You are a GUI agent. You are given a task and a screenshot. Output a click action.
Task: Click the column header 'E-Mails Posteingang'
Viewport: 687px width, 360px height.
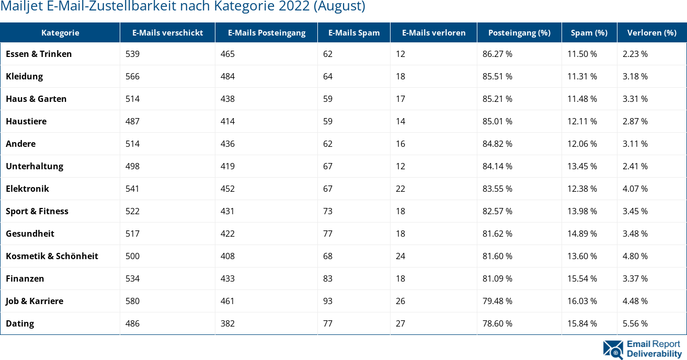point(267,32)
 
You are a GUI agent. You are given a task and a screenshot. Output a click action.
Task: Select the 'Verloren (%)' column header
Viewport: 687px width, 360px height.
point(652,32)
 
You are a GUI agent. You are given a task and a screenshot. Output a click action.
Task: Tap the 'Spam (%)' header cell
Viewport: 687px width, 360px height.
point(589,32)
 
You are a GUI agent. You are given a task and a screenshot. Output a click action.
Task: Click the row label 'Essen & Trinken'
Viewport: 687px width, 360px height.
point(39,54)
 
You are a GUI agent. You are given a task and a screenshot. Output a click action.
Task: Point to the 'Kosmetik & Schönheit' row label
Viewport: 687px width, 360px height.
point(52,256)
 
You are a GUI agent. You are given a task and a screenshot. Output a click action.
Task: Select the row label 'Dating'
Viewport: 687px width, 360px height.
point(20,323)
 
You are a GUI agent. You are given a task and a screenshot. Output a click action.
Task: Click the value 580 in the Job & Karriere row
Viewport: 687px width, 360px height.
point(132,301)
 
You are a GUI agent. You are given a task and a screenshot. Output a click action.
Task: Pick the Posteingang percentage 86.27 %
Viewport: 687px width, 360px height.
point(497,54)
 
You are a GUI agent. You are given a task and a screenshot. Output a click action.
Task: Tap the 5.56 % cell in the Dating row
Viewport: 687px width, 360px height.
point(635,323)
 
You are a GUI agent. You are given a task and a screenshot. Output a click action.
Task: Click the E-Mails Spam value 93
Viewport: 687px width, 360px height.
point(328,301)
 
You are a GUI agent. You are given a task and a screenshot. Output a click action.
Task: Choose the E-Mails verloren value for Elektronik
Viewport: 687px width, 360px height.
point(400,189)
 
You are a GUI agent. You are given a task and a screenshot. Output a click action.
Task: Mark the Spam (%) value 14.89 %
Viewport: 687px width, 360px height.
point(582,234)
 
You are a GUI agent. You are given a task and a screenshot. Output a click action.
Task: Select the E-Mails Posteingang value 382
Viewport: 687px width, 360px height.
point(227,323)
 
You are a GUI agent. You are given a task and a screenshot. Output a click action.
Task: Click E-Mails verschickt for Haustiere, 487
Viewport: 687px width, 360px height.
point(132,121)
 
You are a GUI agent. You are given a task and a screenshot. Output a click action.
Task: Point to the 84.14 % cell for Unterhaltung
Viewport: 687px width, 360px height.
point(497,166)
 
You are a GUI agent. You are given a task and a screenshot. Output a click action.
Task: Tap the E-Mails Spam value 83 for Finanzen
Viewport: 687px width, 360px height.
point(328,278)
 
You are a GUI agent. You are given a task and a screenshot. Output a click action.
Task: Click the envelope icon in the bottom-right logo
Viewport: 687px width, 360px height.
point(613,350)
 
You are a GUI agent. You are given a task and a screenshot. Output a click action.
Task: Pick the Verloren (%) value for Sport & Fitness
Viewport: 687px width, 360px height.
point(635,211)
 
